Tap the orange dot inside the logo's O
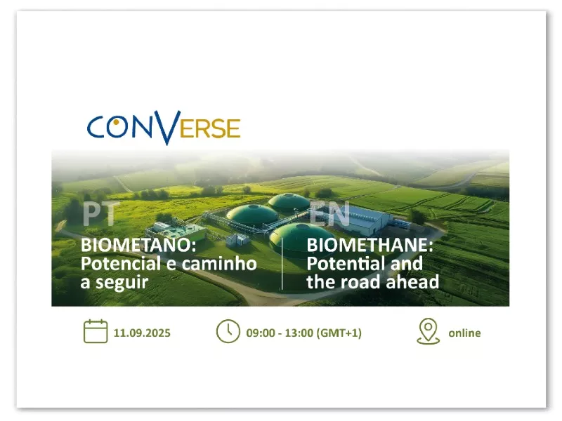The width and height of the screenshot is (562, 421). coord(116,122)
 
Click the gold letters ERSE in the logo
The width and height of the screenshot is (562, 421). coord(210,128)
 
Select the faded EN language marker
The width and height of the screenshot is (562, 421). coord(329,214)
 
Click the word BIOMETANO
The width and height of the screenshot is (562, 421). coord(138,245)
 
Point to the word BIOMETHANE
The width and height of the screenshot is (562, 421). coord(370,245)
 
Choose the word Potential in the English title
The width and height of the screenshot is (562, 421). coord(346,264)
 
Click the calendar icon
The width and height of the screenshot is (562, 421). coord(96,331)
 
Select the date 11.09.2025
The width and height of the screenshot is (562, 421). coord(142,333)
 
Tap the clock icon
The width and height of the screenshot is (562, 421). coord(228,331)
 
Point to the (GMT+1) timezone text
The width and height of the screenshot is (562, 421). coord(339,333)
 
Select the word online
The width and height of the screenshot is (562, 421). coord(464,333)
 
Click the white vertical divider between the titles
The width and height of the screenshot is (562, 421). coord(282,264)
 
